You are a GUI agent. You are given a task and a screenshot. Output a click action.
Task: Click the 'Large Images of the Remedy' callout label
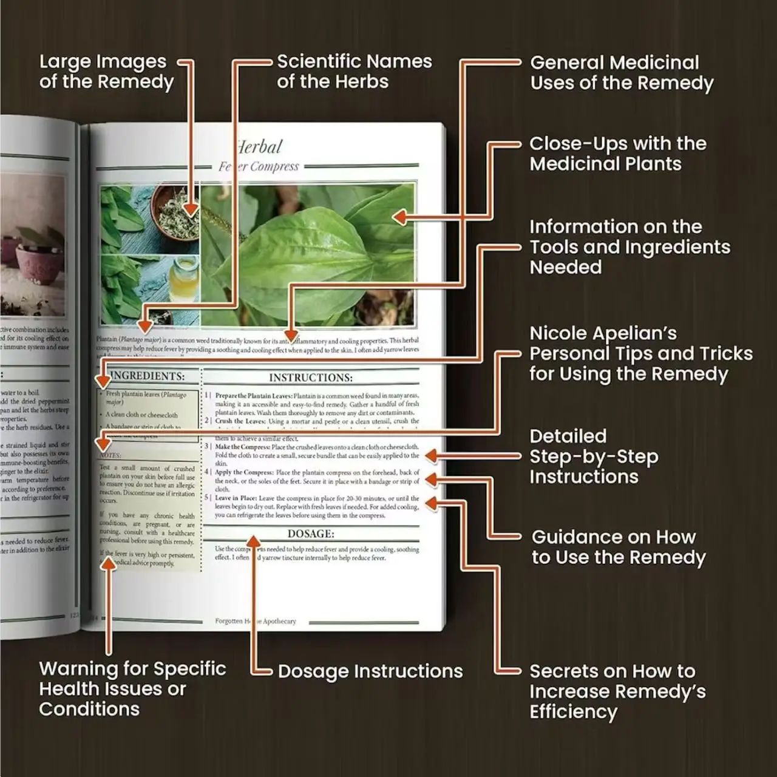point(106,72)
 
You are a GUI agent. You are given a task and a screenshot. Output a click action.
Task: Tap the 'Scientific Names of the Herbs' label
point(354,72)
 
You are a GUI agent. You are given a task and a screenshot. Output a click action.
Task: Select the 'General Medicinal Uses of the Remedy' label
point(621,73)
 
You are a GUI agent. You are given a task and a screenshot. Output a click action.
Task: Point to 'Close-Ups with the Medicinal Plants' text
point(617,154)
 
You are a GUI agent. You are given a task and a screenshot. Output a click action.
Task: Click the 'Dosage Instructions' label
point(370,671)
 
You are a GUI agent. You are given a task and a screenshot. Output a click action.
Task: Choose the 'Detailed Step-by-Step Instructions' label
point(593,456)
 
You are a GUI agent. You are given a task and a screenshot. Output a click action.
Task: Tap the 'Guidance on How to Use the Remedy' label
point(618,548)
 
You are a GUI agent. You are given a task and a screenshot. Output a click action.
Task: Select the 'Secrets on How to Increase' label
point(617,691)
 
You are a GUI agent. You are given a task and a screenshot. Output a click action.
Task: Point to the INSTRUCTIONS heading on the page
point(310,378)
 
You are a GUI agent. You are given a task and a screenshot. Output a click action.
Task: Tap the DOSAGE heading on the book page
point(310,534)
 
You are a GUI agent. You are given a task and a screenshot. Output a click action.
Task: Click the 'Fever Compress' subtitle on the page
point(259,167)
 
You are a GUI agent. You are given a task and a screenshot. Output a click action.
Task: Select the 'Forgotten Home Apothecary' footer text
point(256,622)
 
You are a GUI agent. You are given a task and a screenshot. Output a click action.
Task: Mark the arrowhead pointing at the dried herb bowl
point(191,209)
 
